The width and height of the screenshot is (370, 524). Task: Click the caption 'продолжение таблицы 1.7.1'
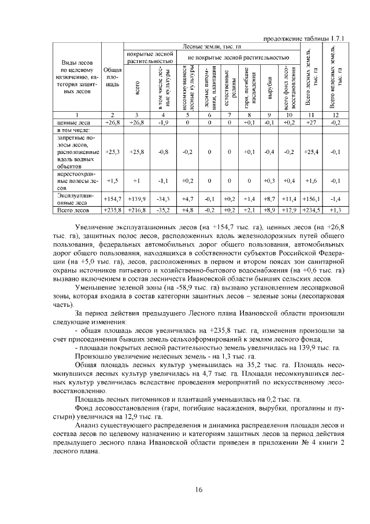[304, 39]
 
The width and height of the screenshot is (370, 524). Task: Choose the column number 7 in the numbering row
[230, 115]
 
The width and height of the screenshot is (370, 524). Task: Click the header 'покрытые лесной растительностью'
[150, 57]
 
